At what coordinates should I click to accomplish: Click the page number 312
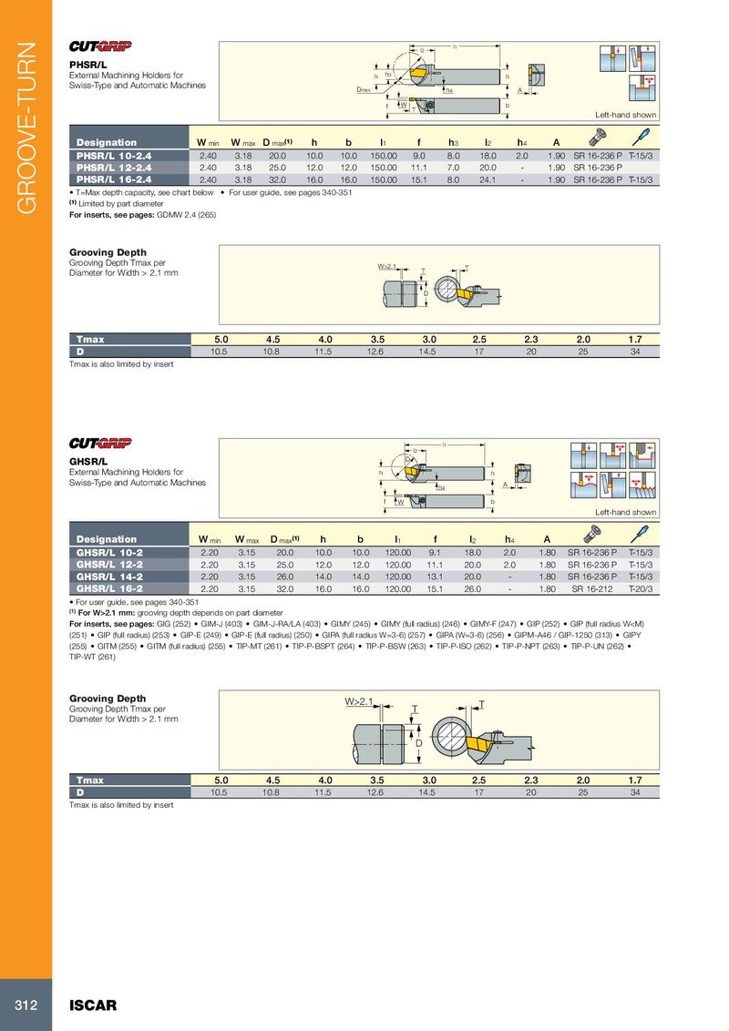click(25, 1005)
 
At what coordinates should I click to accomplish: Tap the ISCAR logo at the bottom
click(93, 1005)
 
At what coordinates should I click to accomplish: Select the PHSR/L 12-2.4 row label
click(114, 168)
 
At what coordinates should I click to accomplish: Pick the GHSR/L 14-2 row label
click(112, 577)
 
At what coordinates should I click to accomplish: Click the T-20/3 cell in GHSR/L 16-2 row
click(641, 589)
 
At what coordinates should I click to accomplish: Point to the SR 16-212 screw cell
click(592, 589)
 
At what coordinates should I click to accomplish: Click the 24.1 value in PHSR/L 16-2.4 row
click(488, 179)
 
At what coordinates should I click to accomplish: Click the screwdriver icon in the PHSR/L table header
click(641, 137)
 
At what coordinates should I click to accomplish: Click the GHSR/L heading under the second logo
click(88, 461)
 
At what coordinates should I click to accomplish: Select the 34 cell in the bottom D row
click(635, 792)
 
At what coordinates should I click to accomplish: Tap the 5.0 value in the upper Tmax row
click(220, 340)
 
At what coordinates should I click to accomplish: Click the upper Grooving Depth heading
click(108, 252)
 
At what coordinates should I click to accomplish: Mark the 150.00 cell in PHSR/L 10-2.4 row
click(384, 156)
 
